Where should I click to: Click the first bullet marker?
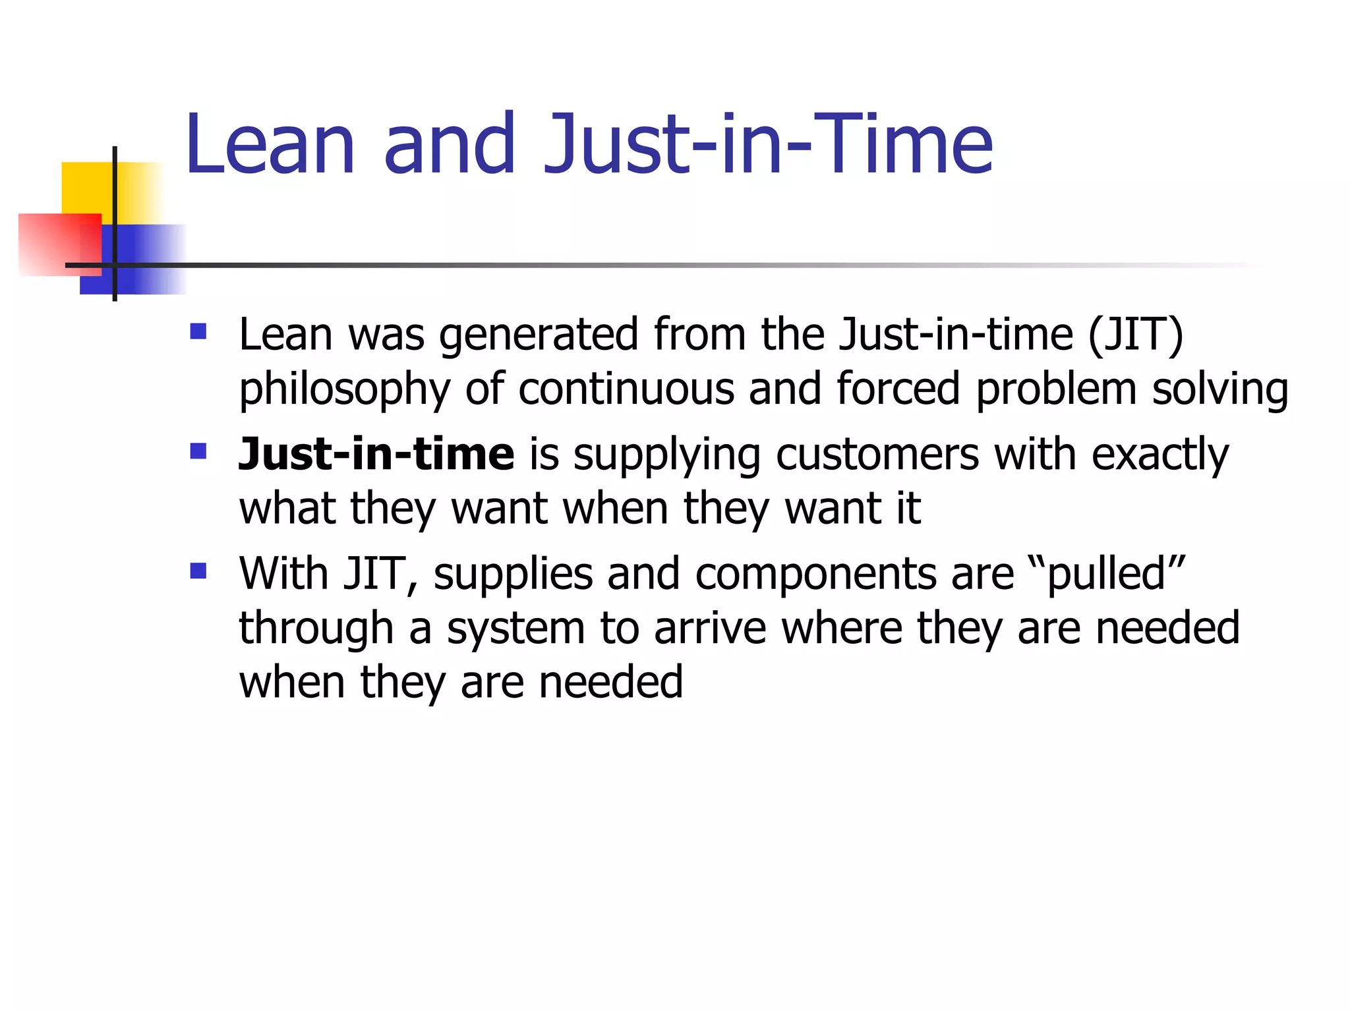pos(198,331)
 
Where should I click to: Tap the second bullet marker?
pos(198,451)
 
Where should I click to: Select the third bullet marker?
pos(198,570)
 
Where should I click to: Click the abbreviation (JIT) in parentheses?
pos(1135,335)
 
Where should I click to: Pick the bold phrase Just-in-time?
pos(376,454)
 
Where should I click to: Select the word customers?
pos(877,455)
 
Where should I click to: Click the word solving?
pos(1219,389)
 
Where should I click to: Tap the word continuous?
pos(626,389)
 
